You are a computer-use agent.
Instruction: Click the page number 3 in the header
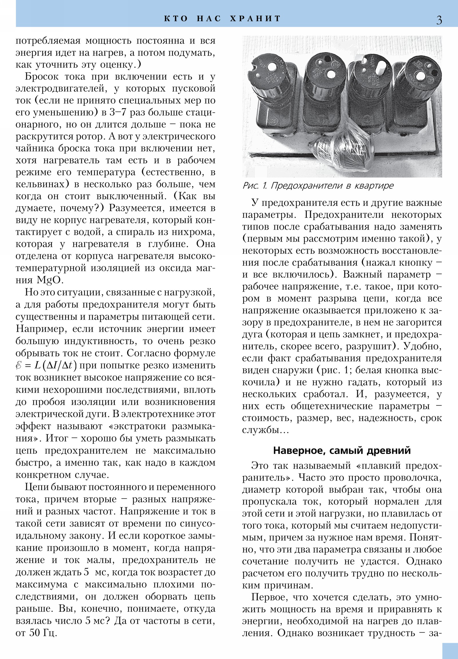click(x=439, y=20)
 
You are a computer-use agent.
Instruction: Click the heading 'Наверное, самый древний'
click(x=342, y=450)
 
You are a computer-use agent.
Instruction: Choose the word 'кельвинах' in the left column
click(x=39, y=184)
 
